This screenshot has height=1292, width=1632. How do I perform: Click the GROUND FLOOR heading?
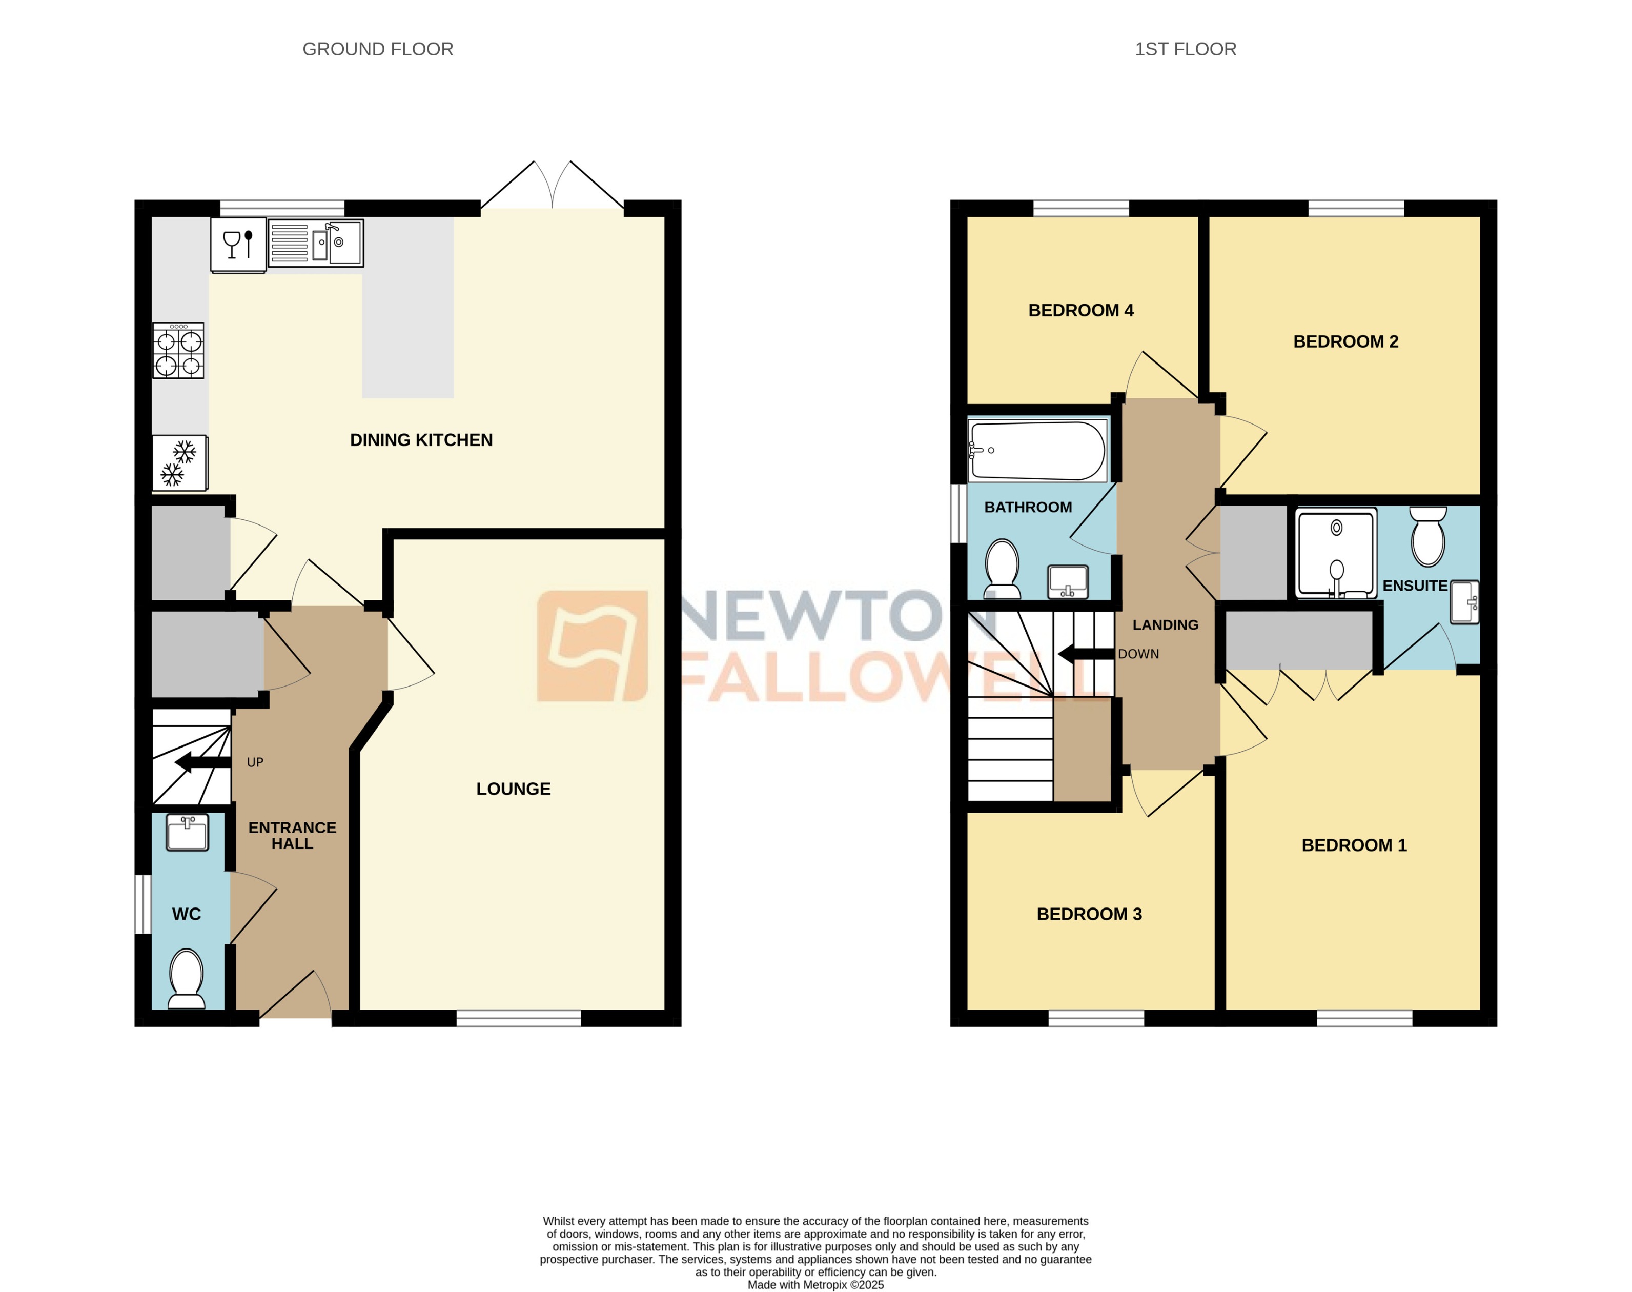pos(377,49)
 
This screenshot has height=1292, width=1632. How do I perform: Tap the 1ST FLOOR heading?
pos(1185,49)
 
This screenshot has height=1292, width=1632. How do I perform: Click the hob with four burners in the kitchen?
pos(178,351)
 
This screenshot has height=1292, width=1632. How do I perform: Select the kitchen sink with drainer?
pos(315,243)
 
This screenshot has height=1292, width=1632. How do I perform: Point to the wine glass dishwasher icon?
pos(238,245)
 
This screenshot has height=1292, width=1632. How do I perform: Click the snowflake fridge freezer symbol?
pos(179,463)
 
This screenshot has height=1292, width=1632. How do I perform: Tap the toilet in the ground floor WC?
pos(186,978)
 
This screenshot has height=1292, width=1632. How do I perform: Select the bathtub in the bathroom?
pos(1037,451)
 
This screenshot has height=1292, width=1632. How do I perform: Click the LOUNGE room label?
pos(513,789)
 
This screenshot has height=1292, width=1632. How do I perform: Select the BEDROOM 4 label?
pos(1080,310)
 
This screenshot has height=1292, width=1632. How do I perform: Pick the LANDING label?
pos(1165,625)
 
